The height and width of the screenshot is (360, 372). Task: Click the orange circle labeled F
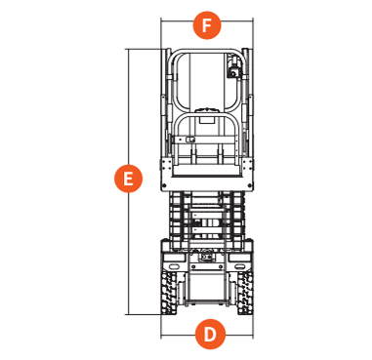point(207,25)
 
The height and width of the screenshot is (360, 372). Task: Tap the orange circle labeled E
point(128,179)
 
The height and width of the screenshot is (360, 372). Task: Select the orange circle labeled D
point(211,334)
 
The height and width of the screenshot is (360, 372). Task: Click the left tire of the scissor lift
point(169,293)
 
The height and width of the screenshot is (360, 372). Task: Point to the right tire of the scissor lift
point(245,293)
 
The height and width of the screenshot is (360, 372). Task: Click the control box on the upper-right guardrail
point(233,70)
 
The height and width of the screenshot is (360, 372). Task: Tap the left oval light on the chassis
point(173,266)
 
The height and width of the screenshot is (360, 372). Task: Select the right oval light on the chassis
point(241,266)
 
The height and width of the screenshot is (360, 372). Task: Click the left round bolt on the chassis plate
point(193,267)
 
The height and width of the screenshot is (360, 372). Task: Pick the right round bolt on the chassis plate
point(221,267)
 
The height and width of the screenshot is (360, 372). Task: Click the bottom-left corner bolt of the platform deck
point(164,185)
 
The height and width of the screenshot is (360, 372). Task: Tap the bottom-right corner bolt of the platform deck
point(250,185)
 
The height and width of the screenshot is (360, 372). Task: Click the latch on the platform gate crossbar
point(189,140)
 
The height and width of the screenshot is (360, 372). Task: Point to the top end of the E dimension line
point(129,49)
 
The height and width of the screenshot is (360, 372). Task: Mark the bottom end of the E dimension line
point(129,314)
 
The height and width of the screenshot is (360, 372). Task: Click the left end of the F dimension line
point(161,21)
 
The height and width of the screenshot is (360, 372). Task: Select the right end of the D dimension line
point(253,335)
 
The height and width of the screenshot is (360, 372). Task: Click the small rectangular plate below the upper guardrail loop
point(206,119)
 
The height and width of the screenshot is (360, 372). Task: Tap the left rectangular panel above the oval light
point(174,258)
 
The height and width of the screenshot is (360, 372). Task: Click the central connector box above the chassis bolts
point(206,257)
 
